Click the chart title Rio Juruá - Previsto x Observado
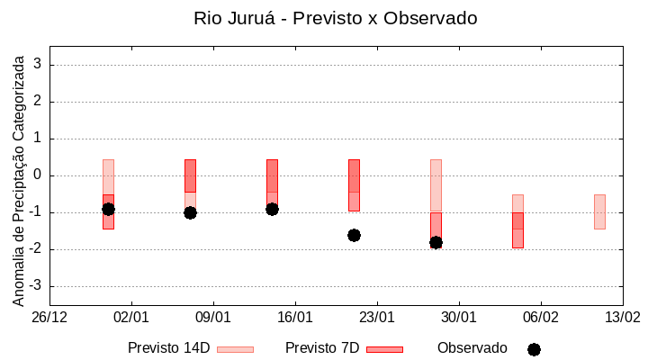click(x=336, y=18)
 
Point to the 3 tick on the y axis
click(x=38, y=65)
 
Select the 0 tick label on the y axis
click(x=38, y=175)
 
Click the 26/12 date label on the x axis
click(x=49, y=317)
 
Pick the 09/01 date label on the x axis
click(x=213, y=317)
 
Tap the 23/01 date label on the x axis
click(x=377, y=317)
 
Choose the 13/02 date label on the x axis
click(x=622, y=317)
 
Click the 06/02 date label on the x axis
click(x=540, y=317)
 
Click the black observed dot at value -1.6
click(x=354, y=235)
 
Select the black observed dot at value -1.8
click(x=436, y=242)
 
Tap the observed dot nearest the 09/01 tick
click(x=190, y=212)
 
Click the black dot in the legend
click(x=534, y=349)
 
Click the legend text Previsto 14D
click(x=169, y=348)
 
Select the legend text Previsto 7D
click(x=322, y=348)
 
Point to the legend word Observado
click(x=472, y=348)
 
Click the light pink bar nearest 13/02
click(x=599, y=211)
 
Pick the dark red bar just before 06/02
click(x=517, y=229)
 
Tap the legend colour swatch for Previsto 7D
click(x=384, y=349)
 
